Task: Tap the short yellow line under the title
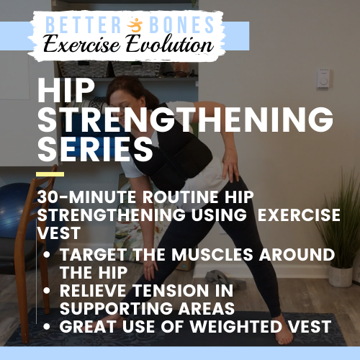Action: pyautogui.click(x=50, y=174)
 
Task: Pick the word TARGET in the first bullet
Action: pyautogui.click(x=94, y=254)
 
